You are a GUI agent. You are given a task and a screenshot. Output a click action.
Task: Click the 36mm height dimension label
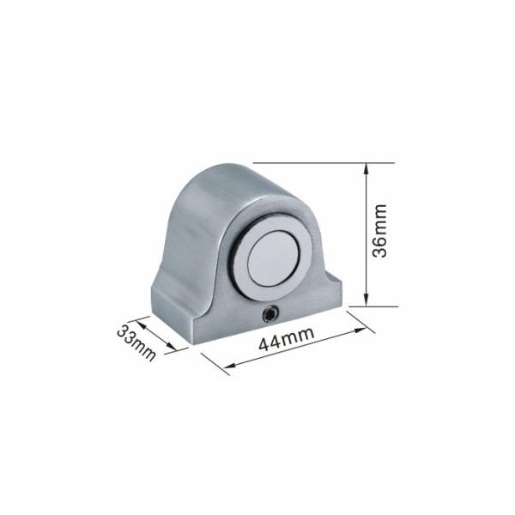pyautogui.click(x=381, y=231)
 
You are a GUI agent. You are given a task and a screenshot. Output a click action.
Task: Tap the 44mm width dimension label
pyautogui.click(x=286, y=338)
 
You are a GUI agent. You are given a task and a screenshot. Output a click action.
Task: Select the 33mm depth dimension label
pyautogui.click(x=136, y=342)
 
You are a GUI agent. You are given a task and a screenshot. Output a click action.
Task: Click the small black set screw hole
pyautogui.click(x=270, y=315)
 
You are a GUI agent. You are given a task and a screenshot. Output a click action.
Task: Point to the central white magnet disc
pyautogui.click(x=273, y=258)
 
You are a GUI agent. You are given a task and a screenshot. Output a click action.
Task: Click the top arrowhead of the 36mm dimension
pyautogui.click(x=367, y=168)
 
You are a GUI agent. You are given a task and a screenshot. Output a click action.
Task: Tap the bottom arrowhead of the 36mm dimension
pyautogui.click(x=367, y=301)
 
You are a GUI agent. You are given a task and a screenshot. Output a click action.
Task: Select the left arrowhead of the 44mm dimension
pyautogui.click(x=230, y=366)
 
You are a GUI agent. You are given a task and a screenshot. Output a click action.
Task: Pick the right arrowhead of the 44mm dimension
pyautogui.click(x=360, y=330)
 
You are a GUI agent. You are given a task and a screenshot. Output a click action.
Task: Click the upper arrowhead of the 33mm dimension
pyautogui.click(x=141, y=324)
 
